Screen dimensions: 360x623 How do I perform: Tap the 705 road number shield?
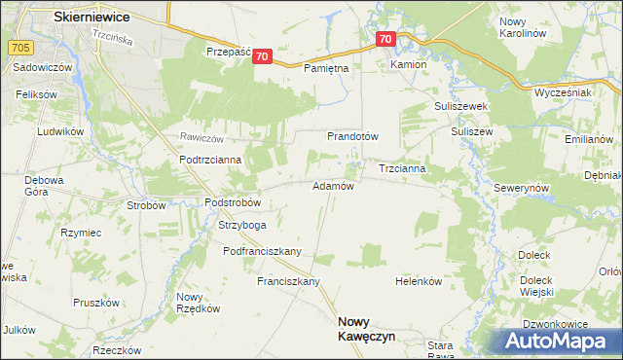pyautogui.click(x=18, y=46)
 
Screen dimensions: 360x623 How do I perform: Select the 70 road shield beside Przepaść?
pyautogui.click(x=262, y=57)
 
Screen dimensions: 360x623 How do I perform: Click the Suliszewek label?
pyautogui.click(x=459, y=105)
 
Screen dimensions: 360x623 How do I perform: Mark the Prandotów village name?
pyautogui.click(x=352, y=136)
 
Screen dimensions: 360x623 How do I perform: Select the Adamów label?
pyautogui.click(x=332, y=185)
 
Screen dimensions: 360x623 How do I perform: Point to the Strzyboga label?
pyautogui.click(x=242, y=225)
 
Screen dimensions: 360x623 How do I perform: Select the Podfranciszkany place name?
pyautogui.click(x=262, y=251)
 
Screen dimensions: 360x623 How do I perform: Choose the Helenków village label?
pyautogui.click(x=419, y=281)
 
